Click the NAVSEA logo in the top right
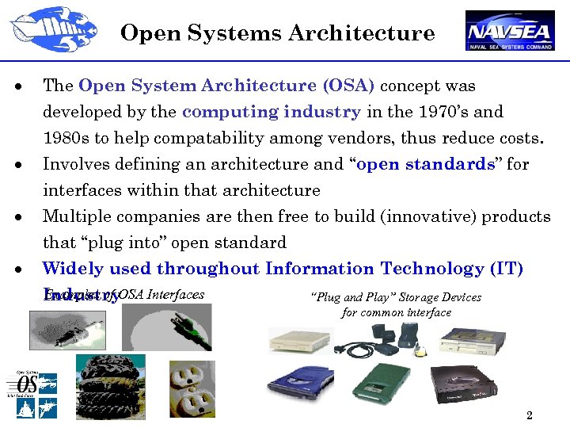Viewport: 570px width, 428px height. [509, 31]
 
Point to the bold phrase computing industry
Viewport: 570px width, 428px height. [271, 112]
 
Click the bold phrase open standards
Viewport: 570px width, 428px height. [426, 164]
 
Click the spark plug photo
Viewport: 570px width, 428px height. [67, 330]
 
